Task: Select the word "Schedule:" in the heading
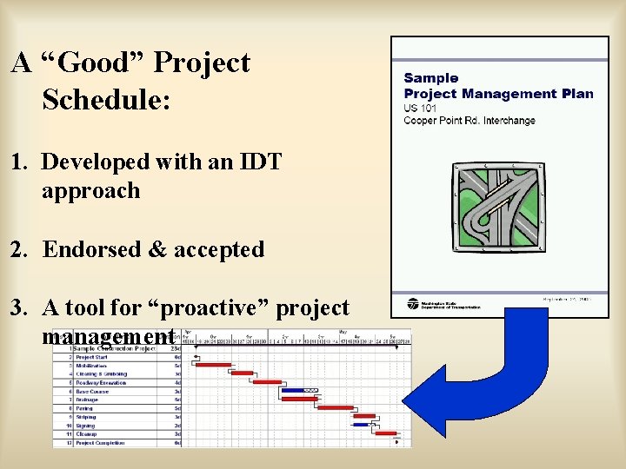(106, 100)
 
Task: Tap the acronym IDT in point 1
(256, 162)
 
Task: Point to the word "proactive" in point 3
(203, 307)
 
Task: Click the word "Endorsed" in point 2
(90, 249)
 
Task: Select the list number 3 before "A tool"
(17, 307)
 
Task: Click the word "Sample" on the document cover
(431, 78)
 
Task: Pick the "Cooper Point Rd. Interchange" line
(469, 121)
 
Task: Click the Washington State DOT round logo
(412, 305)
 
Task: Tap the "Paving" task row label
(85, 408)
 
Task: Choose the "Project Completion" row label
(100, 443)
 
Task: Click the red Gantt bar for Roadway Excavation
(267, 382)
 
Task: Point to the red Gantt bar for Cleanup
(385, 433)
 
